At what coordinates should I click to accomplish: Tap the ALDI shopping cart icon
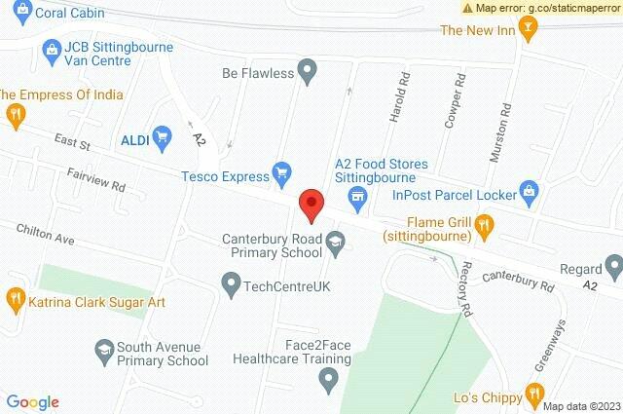tap(163, 139)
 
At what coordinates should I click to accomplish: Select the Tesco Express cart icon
tap(282, 175)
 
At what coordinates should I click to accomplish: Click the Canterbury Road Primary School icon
tap(336, 244)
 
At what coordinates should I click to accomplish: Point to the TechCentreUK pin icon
tap(231, 286)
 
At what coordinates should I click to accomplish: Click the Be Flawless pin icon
tap(308, 70)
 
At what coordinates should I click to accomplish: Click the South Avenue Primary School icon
tap(102, 347)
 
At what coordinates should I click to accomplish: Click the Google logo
tap(33, 401)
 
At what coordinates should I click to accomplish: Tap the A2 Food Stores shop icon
tap(357, 199)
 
